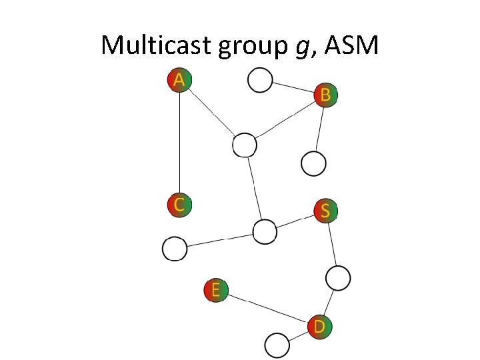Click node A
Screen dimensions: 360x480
click(179, 80)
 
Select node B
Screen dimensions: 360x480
click(325, 95)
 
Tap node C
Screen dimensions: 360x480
click(179, 204)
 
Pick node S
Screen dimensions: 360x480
click(325, 211)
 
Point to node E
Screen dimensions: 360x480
click(215, 290)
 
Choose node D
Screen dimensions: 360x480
click(319, 327)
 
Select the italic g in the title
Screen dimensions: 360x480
click(297, 48)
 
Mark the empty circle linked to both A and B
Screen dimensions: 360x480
click(245, 145)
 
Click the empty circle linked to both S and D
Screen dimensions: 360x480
click(338, 277)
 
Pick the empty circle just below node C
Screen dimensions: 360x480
click(175, 249)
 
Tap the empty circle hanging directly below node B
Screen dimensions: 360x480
click(313, 162)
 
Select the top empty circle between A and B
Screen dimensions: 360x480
click(260, 80)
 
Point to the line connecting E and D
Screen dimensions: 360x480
click(267, 308)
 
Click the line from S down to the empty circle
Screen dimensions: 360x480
click(331, 244)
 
